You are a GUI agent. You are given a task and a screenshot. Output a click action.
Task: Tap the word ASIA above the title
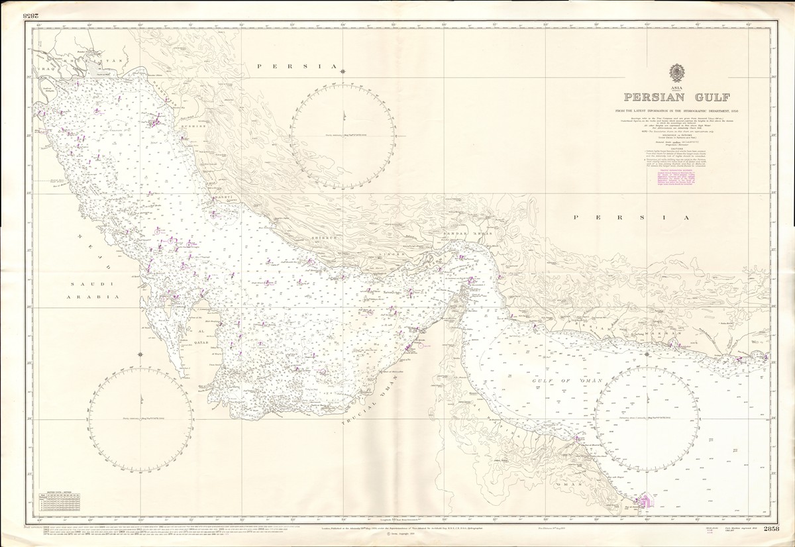(676, 87)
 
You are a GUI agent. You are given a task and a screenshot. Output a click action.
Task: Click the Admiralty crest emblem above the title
(676, 72)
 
